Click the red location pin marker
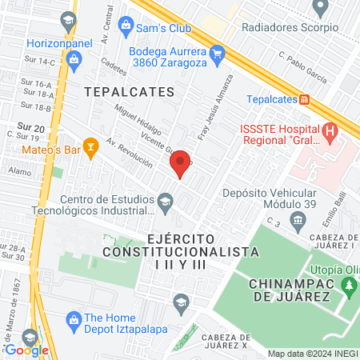pyautogui.click(x=181, y=162)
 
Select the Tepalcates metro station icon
pyautogui.click(x=305, y=100)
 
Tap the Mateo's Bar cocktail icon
pyautogui.click(x=92, y=147)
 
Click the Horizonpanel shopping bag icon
pyautogui.click(x=74, y=58)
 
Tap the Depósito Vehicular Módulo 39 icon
pyautogui.click(x=298, y=219)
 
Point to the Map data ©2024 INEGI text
pyautogui.click(x=312, y=354)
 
